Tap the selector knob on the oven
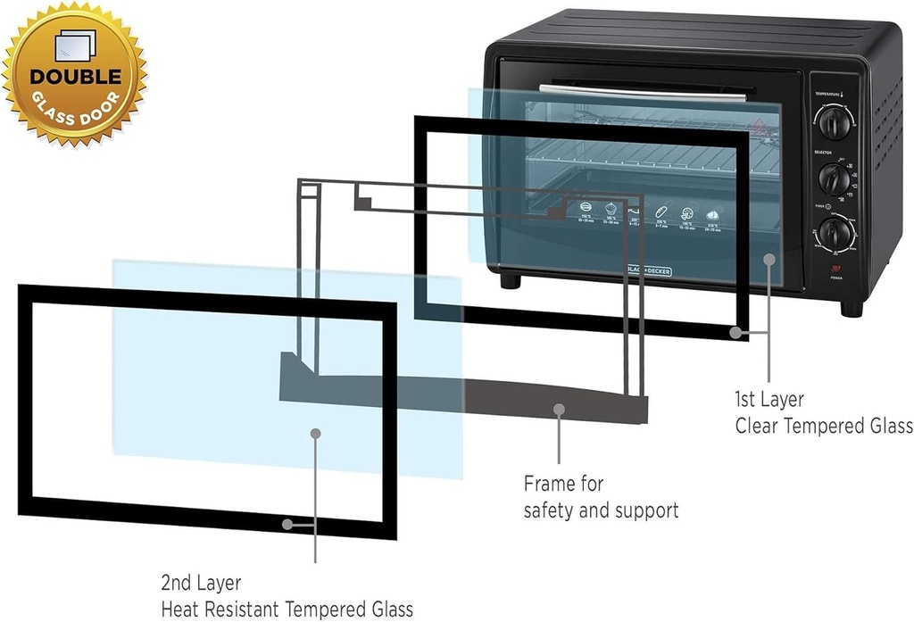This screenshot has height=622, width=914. [835, 179]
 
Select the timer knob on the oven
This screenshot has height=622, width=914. [835, 235]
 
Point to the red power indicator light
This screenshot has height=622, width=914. [836, 269]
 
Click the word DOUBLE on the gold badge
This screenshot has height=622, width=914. [75, 78]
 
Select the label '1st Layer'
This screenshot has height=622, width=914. [769, 400]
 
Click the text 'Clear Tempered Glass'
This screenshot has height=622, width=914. [823, 426]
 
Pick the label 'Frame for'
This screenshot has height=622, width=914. [563, 484]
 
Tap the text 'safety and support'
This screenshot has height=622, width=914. [601, 510]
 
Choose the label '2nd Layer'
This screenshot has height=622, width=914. [201, 583]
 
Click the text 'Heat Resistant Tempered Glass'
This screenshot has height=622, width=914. [287, 610]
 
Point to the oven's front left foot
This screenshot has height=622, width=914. [510, 280]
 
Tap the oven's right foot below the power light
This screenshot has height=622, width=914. [852, 307]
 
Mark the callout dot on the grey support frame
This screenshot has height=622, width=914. [560, 410]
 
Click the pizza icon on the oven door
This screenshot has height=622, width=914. [687, 214]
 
